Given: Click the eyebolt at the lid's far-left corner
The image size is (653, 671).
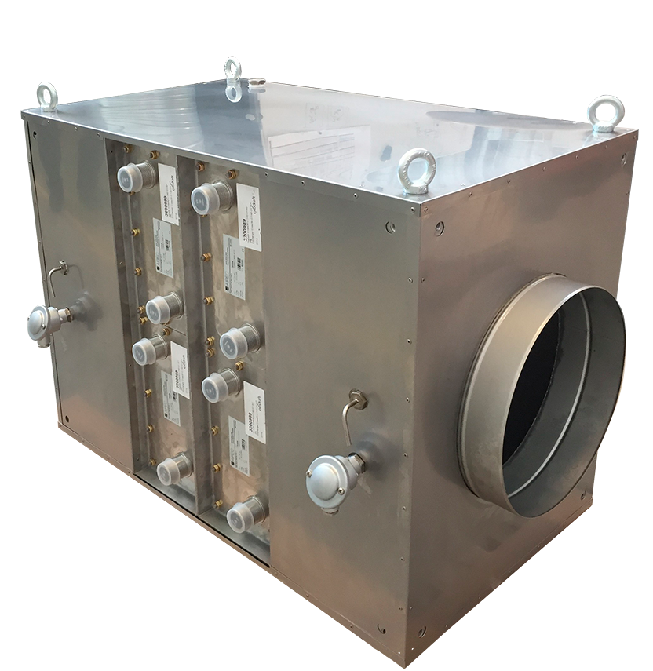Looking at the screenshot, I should click(46, 96).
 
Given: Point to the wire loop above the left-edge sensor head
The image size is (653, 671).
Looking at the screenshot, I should click(57, 273).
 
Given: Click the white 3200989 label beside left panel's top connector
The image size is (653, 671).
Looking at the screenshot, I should click(169, 193).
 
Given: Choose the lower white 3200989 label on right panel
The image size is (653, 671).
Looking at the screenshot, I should click(254, 413).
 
